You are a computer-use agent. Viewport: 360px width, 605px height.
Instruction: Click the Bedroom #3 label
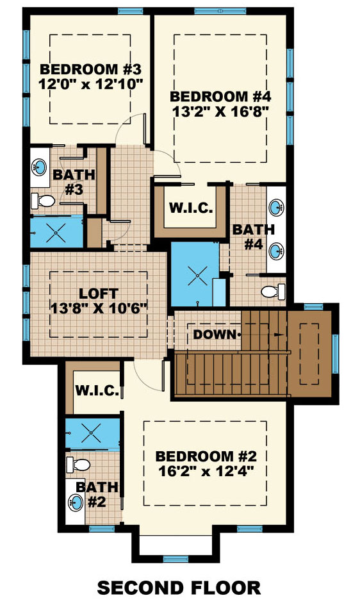(x=90, y=69)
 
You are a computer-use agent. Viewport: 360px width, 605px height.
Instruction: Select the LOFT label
(x=99, y=294)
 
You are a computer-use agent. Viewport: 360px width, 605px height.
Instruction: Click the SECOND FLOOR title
(x=179, y=587)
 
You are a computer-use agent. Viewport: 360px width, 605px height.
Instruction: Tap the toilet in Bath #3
(x=44, y=201)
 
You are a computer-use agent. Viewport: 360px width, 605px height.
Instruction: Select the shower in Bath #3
(x=56, y=232)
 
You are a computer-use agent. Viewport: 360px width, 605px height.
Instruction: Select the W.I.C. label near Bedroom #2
(x=96, y=390)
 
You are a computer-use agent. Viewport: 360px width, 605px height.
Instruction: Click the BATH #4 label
(x=253, y=236)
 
